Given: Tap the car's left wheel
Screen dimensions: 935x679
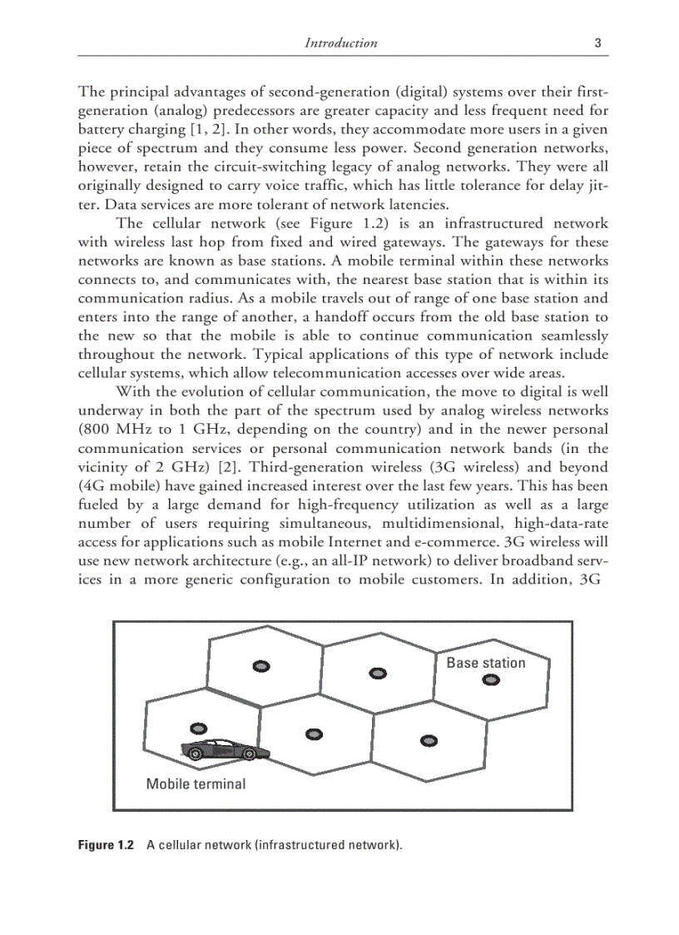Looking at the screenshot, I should [x=196, y=755].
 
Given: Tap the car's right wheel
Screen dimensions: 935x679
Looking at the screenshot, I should [x=249, y=754].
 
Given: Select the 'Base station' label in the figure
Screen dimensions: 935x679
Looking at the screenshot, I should [x=486, y=663].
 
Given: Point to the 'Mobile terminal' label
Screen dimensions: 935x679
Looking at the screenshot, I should [x=196, y=783].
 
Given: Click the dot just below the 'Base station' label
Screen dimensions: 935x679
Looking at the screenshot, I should [x=491, y=680].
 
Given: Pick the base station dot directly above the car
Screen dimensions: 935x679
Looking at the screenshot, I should [x=197, y=728].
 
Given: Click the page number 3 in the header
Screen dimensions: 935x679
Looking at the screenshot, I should [x=597, y=42].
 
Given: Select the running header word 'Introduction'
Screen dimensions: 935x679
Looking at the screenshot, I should [x=341, y=42].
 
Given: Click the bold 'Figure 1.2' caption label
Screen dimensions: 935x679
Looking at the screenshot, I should [x=106, y=845].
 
